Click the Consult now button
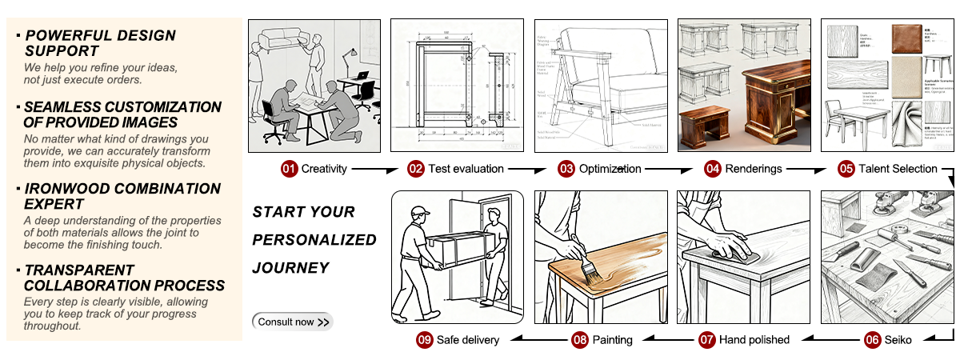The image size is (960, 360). click(x=292, y=322)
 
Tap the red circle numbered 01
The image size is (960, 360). click(x=289, y=169)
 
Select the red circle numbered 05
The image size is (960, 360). click(x=846, y=169)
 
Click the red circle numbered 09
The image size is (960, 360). click(x=424, y=339)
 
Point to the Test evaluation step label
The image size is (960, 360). click(x=466, y=169)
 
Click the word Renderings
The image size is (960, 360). click(x=754, y=169)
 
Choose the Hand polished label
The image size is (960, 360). click(x=754, y=339)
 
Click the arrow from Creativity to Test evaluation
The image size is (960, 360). click(x=375, y=170)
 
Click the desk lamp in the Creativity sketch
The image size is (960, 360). click(x=350, y=58)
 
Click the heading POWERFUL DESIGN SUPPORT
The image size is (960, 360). click(x=100, y=43)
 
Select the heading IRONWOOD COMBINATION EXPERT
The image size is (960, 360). click(x=122, y=197)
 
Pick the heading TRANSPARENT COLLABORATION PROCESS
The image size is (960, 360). click(x=124, y=278)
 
